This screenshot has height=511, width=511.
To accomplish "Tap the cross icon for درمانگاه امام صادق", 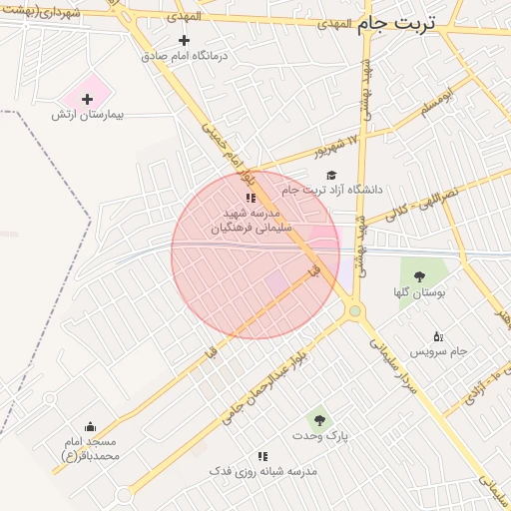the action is tap(183, 41).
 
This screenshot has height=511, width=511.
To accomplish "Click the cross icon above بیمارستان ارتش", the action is tap(88, 99).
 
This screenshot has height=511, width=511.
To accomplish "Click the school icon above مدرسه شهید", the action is tap(251, 198).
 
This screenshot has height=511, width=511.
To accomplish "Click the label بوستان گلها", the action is tap(418, 292).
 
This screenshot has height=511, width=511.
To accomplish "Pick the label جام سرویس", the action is tap(444, 352).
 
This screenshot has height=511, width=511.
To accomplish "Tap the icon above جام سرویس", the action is tap(437, 336).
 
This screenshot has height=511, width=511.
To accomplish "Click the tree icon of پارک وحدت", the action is tap(318, 420).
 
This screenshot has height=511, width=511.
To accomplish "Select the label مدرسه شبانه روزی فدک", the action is tap(262, 470).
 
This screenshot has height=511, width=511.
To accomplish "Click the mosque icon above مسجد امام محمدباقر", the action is tap(91, 427).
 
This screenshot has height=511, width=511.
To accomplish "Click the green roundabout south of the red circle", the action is tap(355, 312).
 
